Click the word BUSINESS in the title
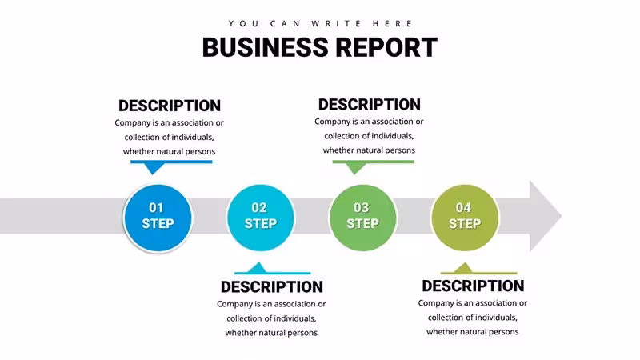point(266,47)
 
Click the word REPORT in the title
point(386,47)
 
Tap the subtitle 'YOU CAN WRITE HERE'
point(321,24)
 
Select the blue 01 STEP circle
point(158,218)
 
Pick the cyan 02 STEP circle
point(261,218)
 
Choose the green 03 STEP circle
point(362,218)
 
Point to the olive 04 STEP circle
point(465,218)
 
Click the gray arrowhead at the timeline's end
point(544,216)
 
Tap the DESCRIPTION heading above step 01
point(170,106)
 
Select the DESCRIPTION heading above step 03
point(370,105)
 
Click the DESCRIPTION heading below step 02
point(272,287)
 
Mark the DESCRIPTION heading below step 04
point(473,286)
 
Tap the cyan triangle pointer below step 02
point(257,268)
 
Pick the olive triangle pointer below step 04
point(463,268)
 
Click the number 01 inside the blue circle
point(156,208)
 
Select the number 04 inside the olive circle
point(463,208)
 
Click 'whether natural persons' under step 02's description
point(271,333)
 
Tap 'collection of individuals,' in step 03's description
point(369,136)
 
